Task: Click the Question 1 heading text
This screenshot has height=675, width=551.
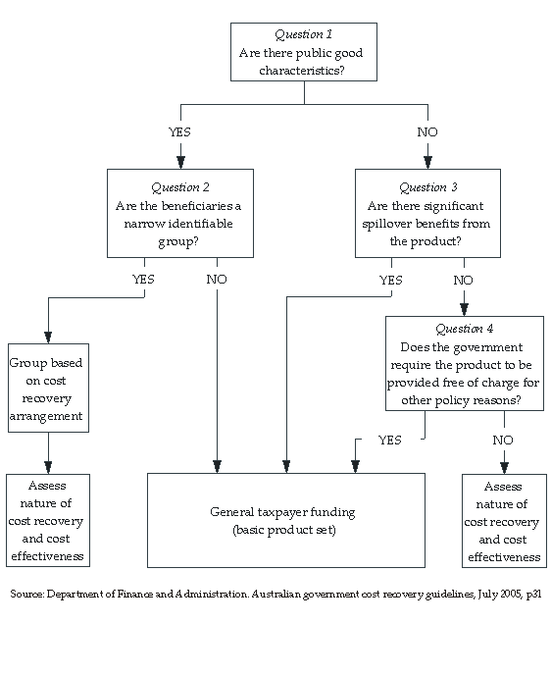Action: click(303, 34)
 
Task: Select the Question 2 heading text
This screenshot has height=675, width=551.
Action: click(179, 187)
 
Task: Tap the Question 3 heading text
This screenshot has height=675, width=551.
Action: click(427, 187)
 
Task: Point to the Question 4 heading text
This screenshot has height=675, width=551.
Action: click(464, 330)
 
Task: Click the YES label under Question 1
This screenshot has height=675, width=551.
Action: click(180, 131)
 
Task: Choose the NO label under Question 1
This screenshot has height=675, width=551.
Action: click(426, 131)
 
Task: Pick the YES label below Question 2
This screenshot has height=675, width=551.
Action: click(144, 280)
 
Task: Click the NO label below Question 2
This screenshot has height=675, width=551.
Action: click(217, 280)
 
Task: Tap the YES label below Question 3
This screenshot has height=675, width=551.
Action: click(390, 281)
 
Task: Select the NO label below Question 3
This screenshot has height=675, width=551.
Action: click(463, 281)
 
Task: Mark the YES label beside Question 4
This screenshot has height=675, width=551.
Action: click(389, 441)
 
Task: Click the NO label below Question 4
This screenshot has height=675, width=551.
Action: click(502, 441)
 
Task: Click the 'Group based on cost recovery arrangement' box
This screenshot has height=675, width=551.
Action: click(47, 389)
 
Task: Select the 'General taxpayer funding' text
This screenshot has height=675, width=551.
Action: click(282, 512)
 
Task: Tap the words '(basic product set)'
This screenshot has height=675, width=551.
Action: click(282, 530)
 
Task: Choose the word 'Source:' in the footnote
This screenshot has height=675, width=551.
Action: click(28, 595)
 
